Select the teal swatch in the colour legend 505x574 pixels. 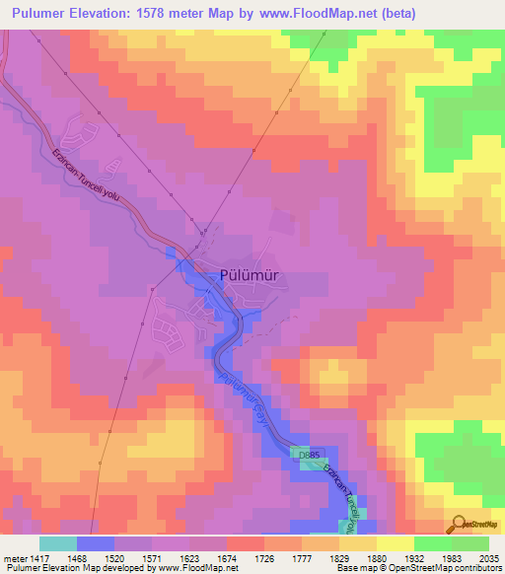(x=58, y=543)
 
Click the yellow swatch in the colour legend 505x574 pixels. (x=395, y=543)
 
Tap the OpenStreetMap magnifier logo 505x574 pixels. (x=457, y=523)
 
